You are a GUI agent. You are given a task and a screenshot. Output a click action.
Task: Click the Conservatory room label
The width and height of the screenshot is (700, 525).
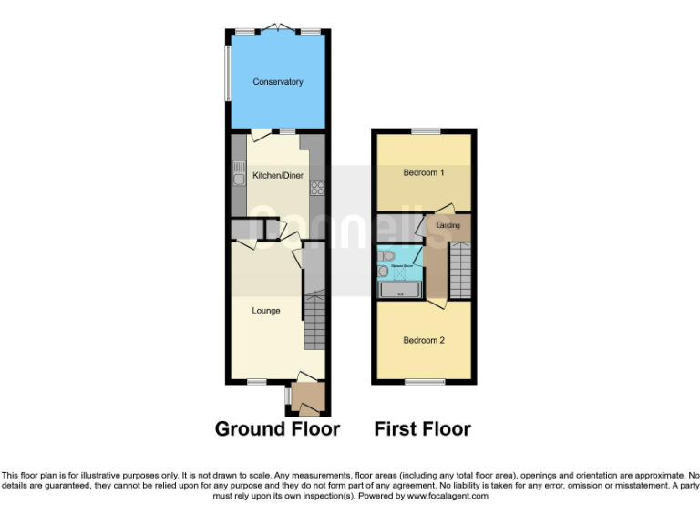(278, 82)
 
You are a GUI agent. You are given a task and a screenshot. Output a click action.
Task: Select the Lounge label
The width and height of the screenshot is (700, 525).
(266, 311)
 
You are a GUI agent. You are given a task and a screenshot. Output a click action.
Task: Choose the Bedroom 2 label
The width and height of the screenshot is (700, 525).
(424, 340)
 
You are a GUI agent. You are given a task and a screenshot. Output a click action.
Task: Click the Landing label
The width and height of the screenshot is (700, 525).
(448, 224)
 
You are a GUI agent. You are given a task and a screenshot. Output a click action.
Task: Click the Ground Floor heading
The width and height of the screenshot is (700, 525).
(277, 428)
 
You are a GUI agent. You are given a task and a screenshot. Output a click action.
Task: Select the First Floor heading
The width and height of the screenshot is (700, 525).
(422, 428)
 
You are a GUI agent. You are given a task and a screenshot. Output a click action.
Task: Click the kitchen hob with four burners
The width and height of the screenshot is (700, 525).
(318, 189)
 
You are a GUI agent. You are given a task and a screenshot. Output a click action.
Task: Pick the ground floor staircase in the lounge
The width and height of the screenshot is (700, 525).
(314, 319)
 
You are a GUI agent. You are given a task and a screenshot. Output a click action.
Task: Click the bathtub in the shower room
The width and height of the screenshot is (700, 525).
(399, 290)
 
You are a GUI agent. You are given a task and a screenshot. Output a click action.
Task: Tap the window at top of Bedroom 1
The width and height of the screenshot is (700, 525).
(424, 132)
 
